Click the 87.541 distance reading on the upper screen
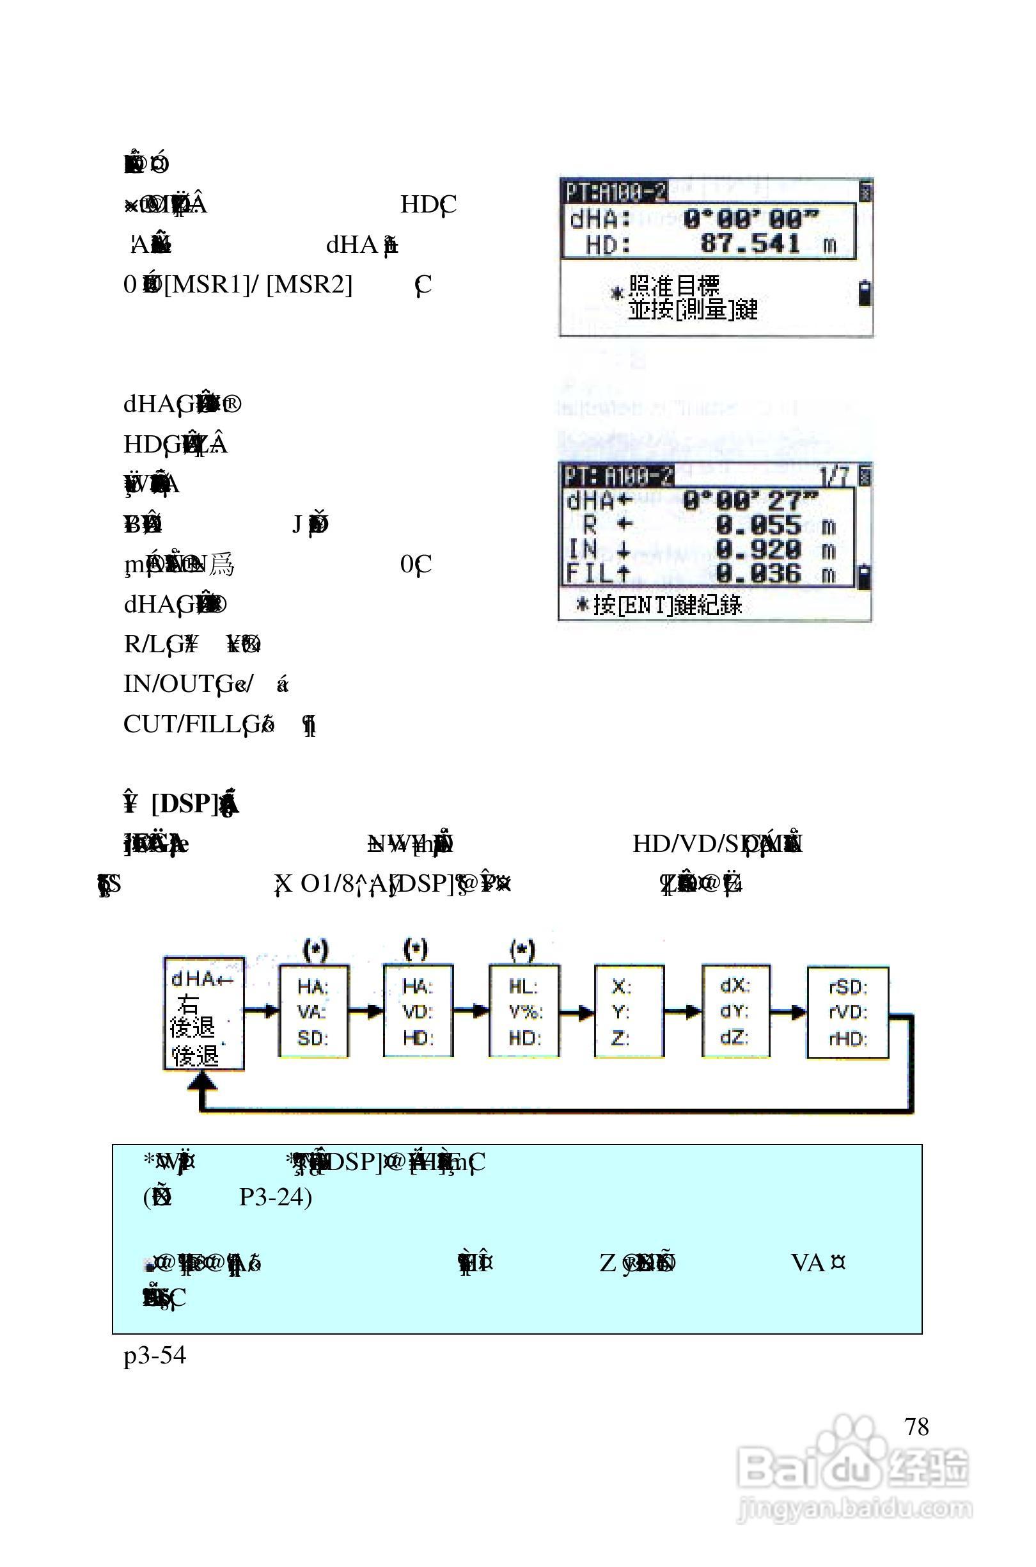[x=750, y=244]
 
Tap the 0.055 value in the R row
[x=758, y=526]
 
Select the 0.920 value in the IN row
[x=758, y=550]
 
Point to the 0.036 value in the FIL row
[x=758, y=574]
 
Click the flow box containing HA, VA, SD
[x=313, y=1011]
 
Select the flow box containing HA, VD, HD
[x=418, y=1011]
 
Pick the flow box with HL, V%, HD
[x=524, y=1011]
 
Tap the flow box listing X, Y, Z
[x=629, y=1011]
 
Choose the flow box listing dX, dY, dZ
[x=735, y=1011]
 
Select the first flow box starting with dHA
[x=203, y=1013]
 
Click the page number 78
[x=916, y=1426]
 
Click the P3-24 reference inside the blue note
[x=275, y=1197]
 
